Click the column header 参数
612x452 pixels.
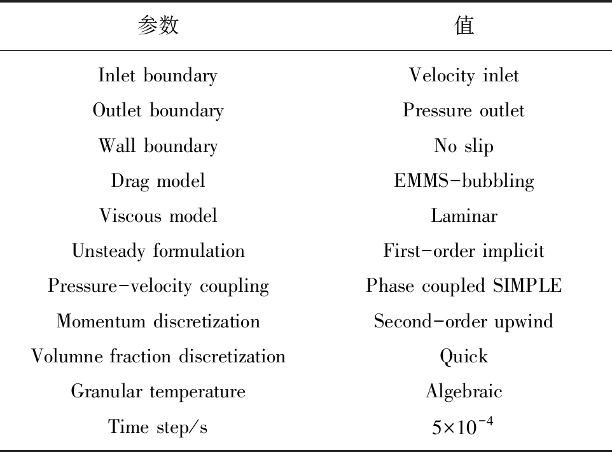158,25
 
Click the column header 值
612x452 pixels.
464,25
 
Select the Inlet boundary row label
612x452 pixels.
158,76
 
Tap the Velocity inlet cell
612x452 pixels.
464,76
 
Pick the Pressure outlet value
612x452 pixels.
464,111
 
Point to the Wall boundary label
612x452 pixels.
158,146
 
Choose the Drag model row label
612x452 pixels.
158,181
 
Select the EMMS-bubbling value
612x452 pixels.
464,181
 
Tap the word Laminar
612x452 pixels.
464,216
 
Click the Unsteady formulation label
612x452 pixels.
158,250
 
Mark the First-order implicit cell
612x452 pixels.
464,251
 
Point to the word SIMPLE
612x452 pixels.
527,285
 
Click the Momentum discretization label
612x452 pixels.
158,321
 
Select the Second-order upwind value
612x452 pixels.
464,322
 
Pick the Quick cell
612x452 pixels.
464,357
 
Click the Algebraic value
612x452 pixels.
464,392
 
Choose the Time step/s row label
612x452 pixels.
158,427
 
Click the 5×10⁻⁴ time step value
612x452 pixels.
462,426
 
